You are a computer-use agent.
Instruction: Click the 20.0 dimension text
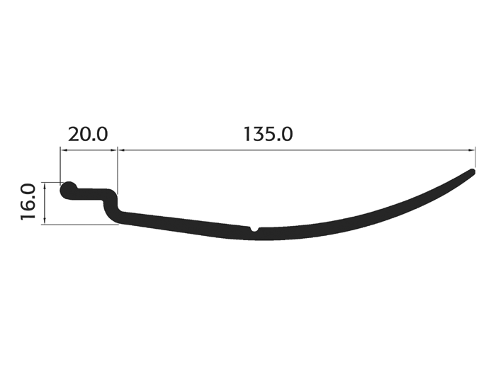coord(88,134)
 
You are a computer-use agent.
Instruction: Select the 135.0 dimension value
coord(269,134)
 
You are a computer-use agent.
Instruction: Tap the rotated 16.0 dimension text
coord(28,202)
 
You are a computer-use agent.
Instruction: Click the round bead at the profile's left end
coord(68,191)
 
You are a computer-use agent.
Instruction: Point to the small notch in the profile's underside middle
coord(254,229)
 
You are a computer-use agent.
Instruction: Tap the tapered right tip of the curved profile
coord(473,171)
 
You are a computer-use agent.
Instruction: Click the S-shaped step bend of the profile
coord(111,205)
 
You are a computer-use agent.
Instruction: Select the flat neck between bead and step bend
coord(90,194)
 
